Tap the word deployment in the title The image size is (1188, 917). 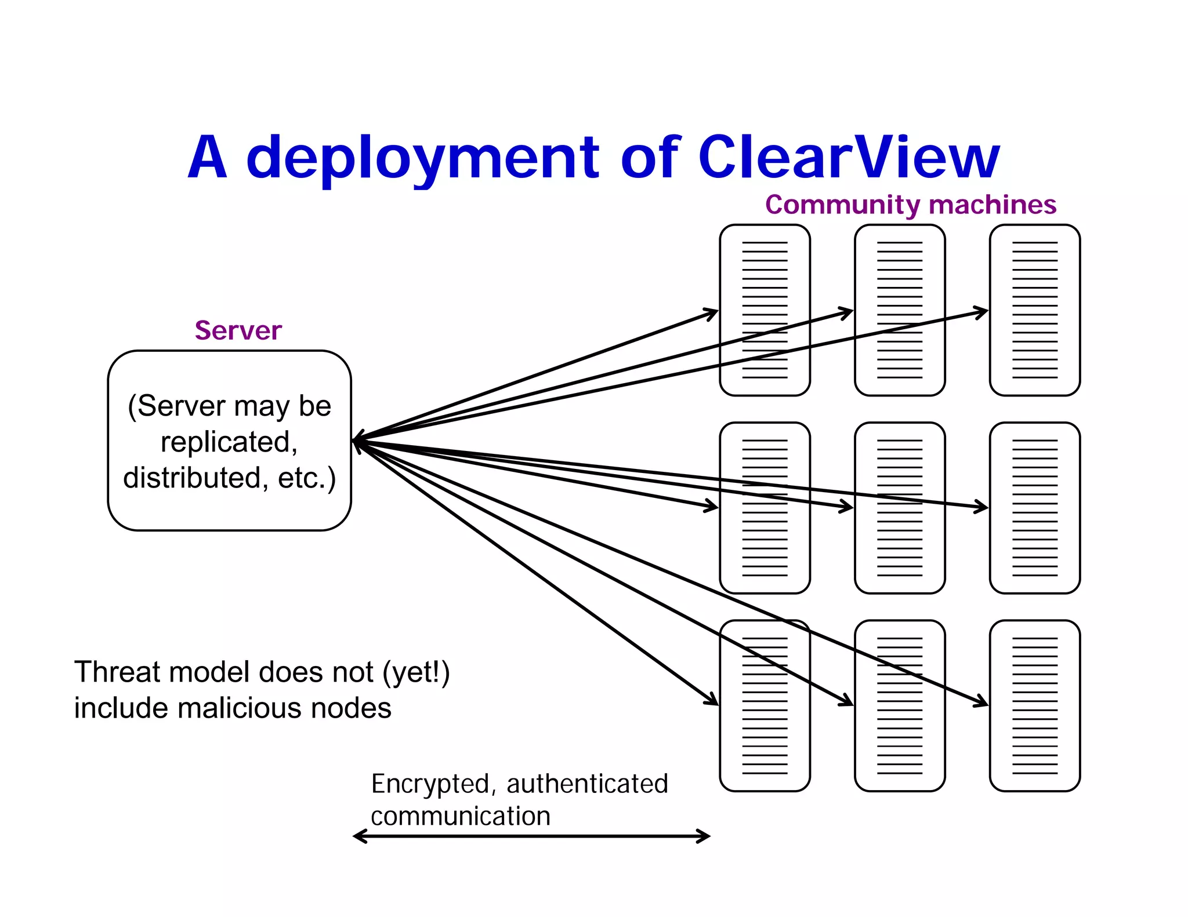tap(423, 158)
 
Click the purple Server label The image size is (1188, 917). tap(238, 330)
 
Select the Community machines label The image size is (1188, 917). tap(910, 205)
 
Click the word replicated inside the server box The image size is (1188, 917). tap(229, 442)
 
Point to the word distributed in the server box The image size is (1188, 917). tap(191, 478)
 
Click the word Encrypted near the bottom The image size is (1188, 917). tap(430, 784)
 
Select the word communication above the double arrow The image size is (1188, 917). tap(461, 816)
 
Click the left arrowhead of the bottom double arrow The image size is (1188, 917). tap(360, 836)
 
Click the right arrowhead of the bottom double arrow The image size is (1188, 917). tap(704, 836)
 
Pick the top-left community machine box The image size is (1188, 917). tap(765, 311)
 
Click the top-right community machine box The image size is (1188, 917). tap(1034, 311)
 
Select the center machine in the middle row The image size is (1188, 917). tap(900, 508)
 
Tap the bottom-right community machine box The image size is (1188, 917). tap(1034, 705)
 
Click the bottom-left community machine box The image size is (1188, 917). tap(765, 705)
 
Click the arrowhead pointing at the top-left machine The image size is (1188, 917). tap(712, 314)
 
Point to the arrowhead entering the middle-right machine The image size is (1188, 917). tap(982, 507)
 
